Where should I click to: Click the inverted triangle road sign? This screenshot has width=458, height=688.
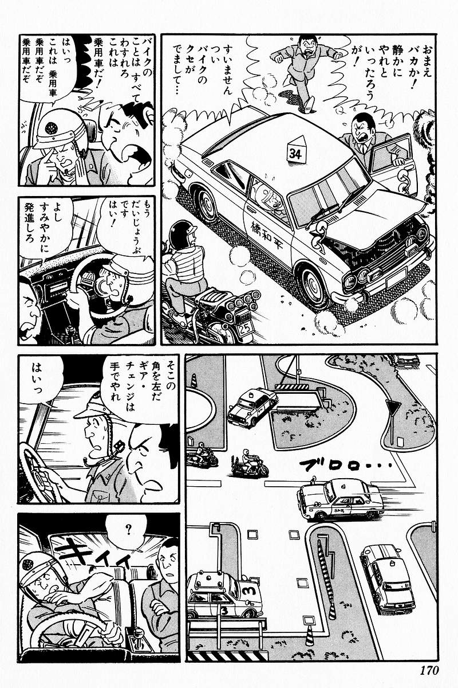pyautogui.click(x=392, y=409)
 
